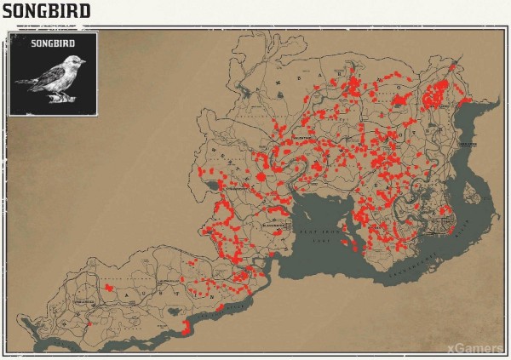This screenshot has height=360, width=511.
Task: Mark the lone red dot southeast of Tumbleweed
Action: coord(88,323)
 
